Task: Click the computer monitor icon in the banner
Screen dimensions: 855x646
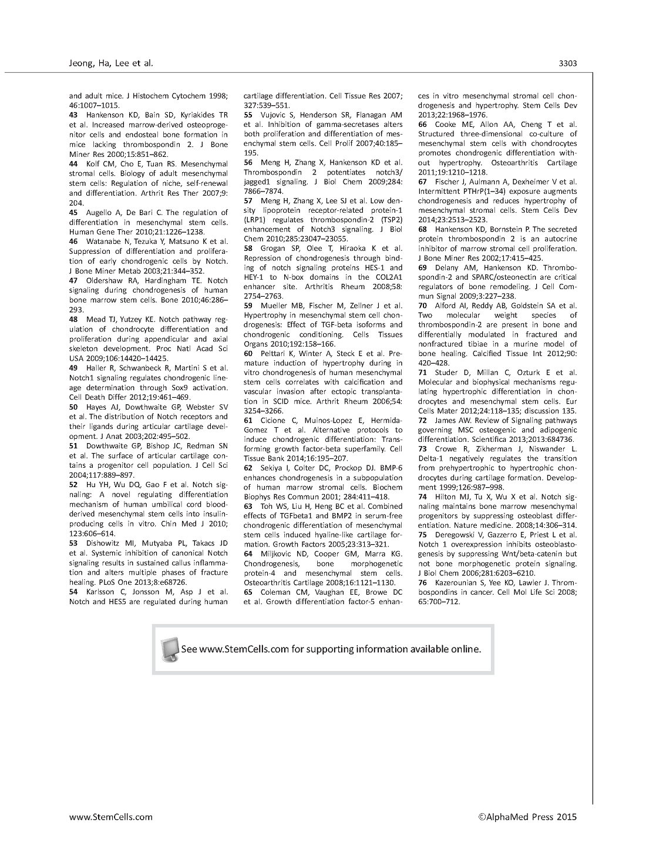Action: click(170, 649)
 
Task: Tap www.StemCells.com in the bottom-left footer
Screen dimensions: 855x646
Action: click(110, 816)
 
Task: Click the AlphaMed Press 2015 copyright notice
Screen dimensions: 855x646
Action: click(527, 816)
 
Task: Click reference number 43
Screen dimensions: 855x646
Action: click(74, 115)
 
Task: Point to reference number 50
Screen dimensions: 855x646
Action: click(74, 407)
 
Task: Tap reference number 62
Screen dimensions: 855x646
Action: click(248, 468)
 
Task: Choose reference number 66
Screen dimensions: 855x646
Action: click(423, 124)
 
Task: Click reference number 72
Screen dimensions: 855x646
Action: click(423, 421)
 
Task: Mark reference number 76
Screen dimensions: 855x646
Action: click(423, 583)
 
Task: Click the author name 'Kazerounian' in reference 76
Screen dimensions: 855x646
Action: click(455, 583)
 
